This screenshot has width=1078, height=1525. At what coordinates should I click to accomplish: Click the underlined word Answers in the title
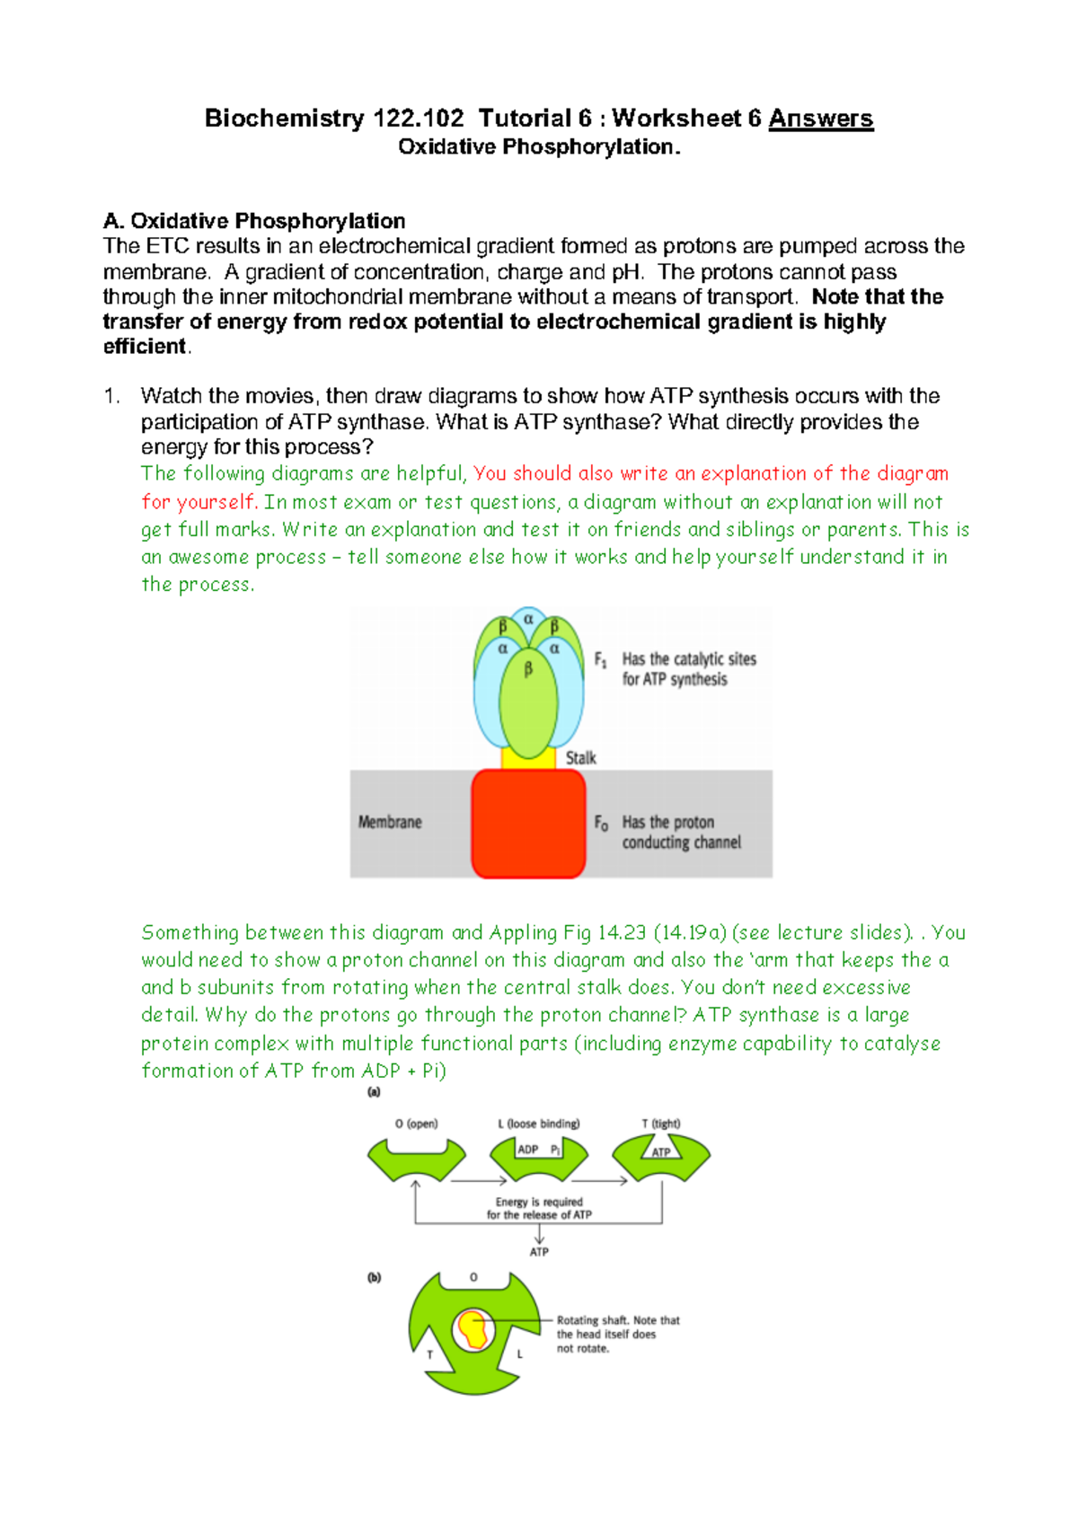pyautogui.click(x=820, y=119)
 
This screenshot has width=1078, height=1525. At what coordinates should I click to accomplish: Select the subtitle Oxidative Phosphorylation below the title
pyautogui.click(x=539, y=147)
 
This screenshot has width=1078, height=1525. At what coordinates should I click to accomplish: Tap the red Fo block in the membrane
pyautogui.click(x=528, y=823)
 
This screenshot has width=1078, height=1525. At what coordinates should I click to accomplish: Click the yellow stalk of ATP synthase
pyautogui.click(x=528, y=758)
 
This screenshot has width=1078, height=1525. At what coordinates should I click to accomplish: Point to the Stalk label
pyautogui.click(x=580, y=758)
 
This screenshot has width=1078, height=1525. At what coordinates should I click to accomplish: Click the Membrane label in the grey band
pyautogui.click(x=390, y=822)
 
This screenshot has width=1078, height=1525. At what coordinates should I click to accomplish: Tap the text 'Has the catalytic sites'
pyautogui.click(x=689, y=659)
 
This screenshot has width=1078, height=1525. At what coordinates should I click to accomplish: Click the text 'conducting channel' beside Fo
pyautogui.click(x=682, y=842)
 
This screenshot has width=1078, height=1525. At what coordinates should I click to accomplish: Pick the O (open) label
pyautogui.click(x=416, y=1124)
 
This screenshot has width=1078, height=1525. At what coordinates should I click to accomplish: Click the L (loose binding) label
pyautogui.click(x=539, y=1124)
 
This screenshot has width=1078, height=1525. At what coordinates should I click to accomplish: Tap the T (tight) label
pyautogui.click(x=661, y=1124)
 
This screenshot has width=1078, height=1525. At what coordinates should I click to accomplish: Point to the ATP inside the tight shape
pyautogui.click(x=661, y=1152)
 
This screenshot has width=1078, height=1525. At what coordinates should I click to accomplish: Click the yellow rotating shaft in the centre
pyautogui.click(x=473, y=1329)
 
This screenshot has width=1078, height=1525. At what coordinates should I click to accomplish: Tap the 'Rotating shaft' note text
pyautogui.click(x=618, y=1321)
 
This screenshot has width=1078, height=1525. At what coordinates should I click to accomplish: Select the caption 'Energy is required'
pyautogui.click(x=539, y=1202)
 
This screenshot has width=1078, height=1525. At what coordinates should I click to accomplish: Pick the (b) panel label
pyautogui.click(x=374, y=1277)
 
